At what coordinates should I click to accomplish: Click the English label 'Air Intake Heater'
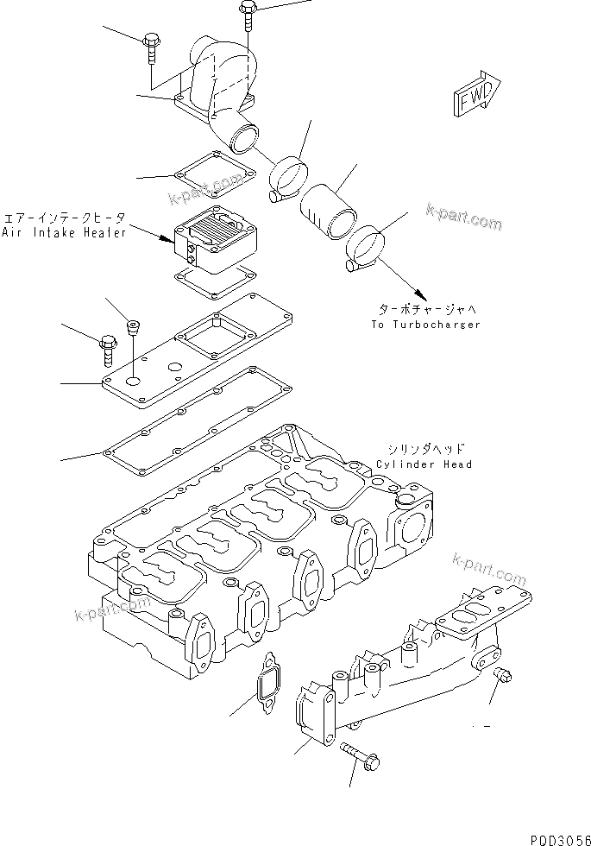click(x=65, y=232)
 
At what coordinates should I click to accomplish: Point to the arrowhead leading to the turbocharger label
click(x=419, y=294)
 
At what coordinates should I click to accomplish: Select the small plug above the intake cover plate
click(x=133, y=326)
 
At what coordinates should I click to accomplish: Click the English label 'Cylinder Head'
click(x=424, y=464)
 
